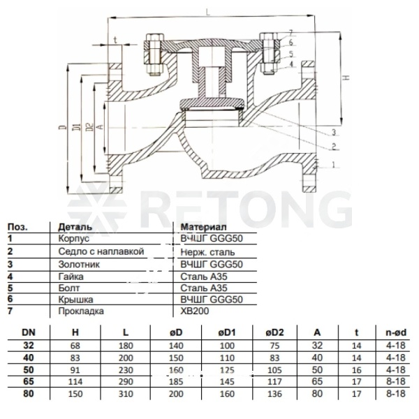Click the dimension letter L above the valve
tap(208, 12)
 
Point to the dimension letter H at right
tap(346, 78)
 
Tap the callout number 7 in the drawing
tap(291, 33)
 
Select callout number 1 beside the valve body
tap(333, 164)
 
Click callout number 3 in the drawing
tap(334, 132)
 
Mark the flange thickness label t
tap(115, 40)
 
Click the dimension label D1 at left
tap(77, 127)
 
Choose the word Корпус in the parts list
tap(74, 239)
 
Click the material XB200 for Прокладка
tap(195, 311)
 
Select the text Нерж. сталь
tap(207, 252)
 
